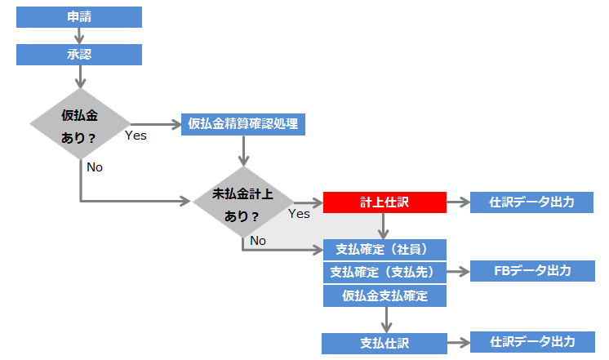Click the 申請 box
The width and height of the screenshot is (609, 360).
(x=79, y=17)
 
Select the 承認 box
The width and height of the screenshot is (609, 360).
(x=79, y=55)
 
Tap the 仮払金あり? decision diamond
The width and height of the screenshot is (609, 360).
(x=79, y=125)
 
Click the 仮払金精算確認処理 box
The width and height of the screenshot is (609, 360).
(x=243, y=124)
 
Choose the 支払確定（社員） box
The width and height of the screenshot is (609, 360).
(x=385, y=248)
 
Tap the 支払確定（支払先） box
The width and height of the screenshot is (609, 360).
(x=385, y=271)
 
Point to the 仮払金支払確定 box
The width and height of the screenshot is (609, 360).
(x=385, y=295)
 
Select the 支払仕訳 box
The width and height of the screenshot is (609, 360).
(x=385, y=343)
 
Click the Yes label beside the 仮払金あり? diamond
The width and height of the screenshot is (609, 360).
(x=136, y=136)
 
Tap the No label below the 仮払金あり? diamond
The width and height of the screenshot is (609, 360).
(x=95, y=167)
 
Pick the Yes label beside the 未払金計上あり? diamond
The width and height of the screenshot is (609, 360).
(x=299, y=214)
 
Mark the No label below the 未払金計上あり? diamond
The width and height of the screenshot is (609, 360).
(x=258, y=240)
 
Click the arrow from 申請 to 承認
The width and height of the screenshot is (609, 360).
(x=79, y=36)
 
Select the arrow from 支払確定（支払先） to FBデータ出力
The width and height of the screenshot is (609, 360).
(x=458, y=271)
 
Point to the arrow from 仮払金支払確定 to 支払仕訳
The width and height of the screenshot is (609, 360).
(x=385, y=319)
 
